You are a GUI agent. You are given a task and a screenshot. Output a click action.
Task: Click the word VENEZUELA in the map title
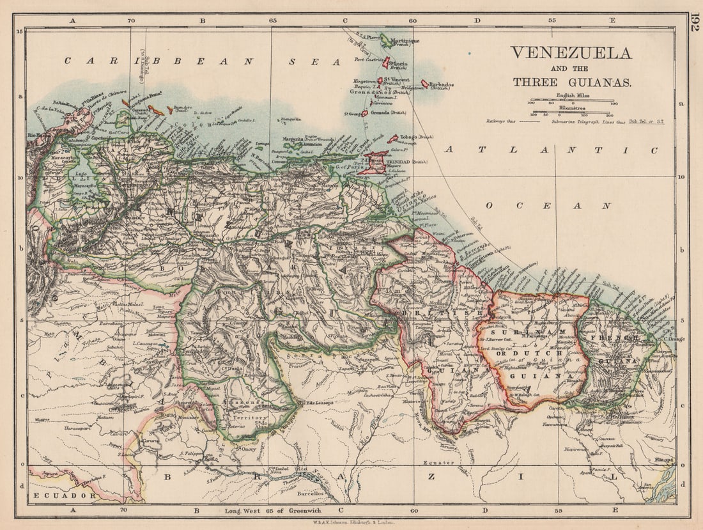pos(571,52)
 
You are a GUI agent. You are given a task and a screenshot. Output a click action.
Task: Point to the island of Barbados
pos(425,84)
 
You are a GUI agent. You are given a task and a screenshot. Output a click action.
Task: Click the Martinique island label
pos(405,41)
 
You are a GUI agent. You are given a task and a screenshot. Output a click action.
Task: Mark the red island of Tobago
pos(393,138)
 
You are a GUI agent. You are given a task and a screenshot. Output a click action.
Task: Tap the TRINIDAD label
pos(397,162)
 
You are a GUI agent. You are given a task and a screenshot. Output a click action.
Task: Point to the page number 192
pos(694,22)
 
